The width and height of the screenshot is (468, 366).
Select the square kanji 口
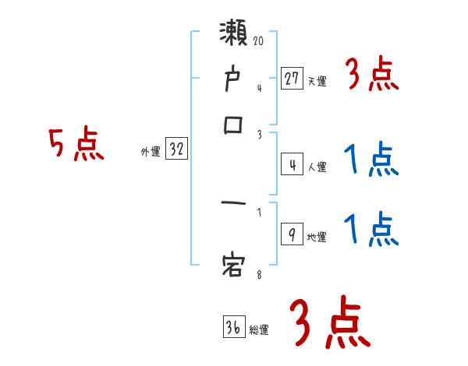(234, 125)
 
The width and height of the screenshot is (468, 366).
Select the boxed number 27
(292, 78)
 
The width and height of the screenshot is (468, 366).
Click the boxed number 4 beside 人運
(292, 165)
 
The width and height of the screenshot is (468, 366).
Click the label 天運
(317, 81)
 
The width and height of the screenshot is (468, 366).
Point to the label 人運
(317, 167)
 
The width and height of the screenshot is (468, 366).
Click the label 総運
(259, 330)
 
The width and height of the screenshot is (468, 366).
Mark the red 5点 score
(77, 145)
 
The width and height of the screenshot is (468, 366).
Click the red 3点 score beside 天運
(371, 76)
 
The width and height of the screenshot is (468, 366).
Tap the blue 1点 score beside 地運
(371, 230)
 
